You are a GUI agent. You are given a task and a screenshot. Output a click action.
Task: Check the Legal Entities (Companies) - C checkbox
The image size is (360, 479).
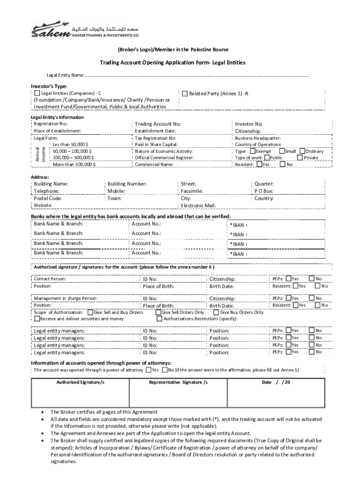(x=37, y=94)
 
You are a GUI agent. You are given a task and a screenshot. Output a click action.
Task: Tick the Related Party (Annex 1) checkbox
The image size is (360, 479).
(x=185, y=94)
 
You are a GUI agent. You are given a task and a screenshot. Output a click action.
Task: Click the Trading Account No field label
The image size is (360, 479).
(x=158, y=124)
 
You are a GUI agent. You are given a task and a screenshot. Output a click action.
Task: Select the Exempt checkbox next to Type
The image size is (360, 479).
(x=252, y=151)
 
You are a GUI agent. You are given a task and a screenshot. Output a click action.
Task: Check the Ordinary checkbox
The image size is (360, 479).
(x=302, y=151)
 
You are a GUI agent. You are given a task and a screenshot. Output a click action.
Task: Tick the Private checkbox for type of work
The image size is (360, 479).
(x=300, y=158)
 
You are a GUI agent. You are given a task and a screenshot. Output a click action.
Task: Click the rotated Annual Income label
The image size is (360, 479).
(x=41, y=154)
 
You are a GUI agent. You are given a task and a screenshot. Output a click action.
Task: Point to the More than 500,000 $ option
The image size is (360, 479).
(x=74, y=164)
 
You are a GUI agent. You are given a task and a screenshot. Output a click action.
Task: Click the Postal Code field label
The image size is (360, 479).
(x=48, y=198)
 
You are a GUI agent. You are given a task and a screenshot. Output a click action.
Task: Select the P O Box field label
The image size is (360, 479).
(x=264, y=191)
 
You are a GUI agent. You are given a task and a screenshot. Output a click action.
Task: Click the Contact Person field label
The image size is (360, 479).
(x=50, y=279)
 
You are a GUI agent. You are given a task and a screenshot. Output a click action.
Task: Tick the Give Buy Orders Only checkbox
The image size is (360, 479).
(x=216, y=312)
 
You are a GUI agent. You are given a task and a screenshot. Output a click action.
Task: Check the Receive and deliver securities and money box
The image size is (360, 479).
(x=37, y=319)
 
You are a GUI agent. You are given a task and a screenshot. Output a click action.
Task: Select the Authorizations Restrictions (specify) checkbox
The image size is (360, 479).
(x=159, y=319)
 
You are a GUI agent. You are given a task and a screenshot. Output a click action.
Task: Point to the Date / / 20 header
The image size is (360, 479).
(x=276, y=382)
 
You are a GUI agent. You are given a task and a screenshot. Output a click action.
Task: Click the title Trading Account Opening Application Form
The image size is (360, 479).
(x=172, y=63)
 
